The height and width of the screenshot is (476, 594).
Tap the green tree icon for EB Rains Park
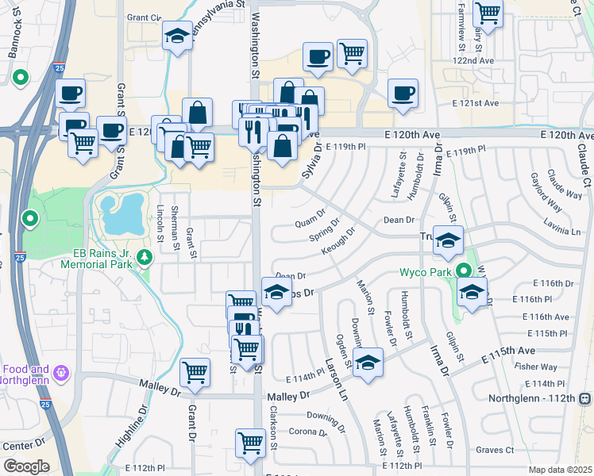pos(145,256)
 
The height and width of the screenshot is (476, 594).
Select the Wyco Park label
pos(425,272)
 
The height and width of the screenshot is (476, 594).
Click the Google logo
pos(26,466)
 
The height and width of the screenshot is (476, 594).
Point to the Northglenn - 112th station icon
pos(584,397)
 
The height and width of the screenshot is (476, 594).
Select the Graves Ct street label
pos(496,450)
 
